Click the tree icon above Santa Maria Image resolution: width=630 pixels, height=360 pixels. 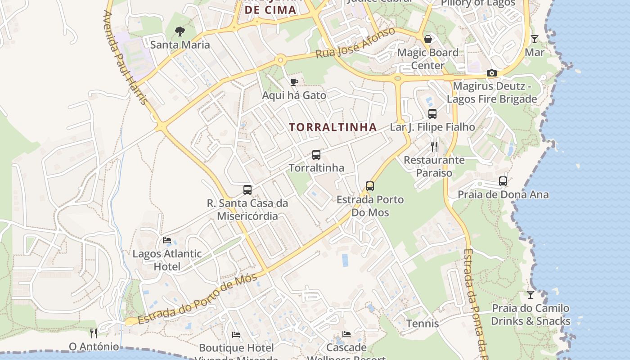pos(180,31)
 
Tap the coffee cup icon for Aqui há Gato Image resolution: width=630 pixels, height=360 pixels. pos(294,82)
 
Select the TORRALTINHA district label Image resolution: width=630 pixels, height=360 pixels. pos(333,127)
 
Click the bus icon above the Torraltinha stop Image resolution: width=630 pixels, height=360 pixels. pos(316,155)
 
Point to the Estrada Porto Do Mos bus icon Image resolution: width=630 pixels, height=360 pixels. pos(370,186)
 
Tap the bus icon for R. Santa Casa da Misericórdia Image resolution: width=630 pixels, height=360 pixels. pos(247,190)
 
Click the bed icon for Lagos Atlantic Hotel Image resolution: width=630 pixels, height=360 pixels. pos(167,240)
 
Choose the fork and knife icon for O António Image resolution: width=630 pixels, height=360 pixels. pos(94,333)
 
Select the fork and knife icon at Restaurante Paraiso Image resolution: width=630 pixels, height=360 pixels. pos(434,147)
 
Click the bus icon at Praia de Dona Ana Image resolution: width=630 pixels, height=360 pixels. pos(503,181)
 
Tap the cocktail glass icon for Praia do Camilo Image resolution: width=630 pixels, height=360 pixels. pos(531,295)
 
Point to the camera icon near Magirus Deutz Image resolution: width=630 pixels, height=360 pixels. pos(492,73)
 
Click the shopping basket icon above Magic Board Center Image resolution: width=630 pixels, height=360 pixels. pos(428,39)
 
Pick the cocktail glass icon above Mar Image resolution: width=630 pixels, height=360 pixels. pos(534,39)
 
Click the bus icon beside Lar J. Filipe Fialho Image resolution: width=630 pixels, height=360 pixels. pos(432,114)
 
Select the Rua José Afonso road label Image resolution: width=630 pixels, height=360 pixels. pos(355,43)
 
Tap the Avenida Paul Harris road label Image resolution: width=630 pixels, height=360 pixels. pos(125,58)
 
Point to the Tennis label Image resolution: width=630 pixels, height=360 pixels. pos(423,324)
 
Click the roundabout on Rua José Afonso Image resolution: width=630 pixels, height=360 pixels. pos(281,59)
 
